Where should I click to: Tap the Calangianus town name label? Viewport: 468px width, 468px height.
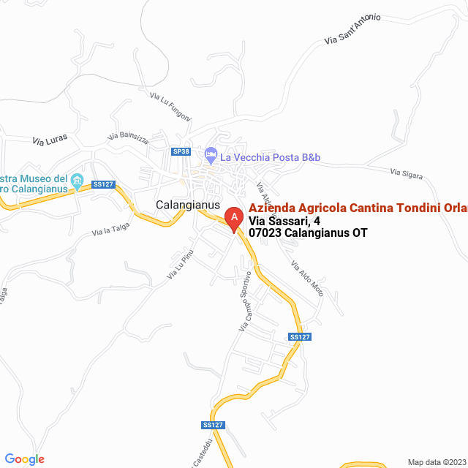coord(188,205)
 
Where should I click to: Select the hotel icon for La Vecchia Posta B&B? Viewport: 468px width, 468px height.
coord(211,156)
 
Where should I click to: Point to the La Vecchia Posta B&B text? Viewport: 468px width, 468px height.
coord(271,156)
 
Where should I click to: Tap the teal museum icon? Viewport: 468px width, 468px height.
coord(78,180)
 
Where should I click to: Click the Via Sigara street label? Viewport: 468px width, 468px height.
coord(407,173)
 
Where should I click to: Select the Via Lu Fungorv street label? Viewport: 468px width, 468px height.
coord(170,106)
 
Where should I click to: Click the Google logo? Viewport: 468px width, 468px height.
coord(24,459)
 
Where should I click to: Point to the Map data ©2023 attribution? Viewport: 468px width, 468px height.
coord(435,462)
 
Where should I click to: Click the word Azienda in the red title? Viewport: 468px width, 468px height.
coord(272,208)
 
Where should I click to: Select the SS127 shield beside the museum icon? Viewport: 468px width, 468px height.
coord(103,184)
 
